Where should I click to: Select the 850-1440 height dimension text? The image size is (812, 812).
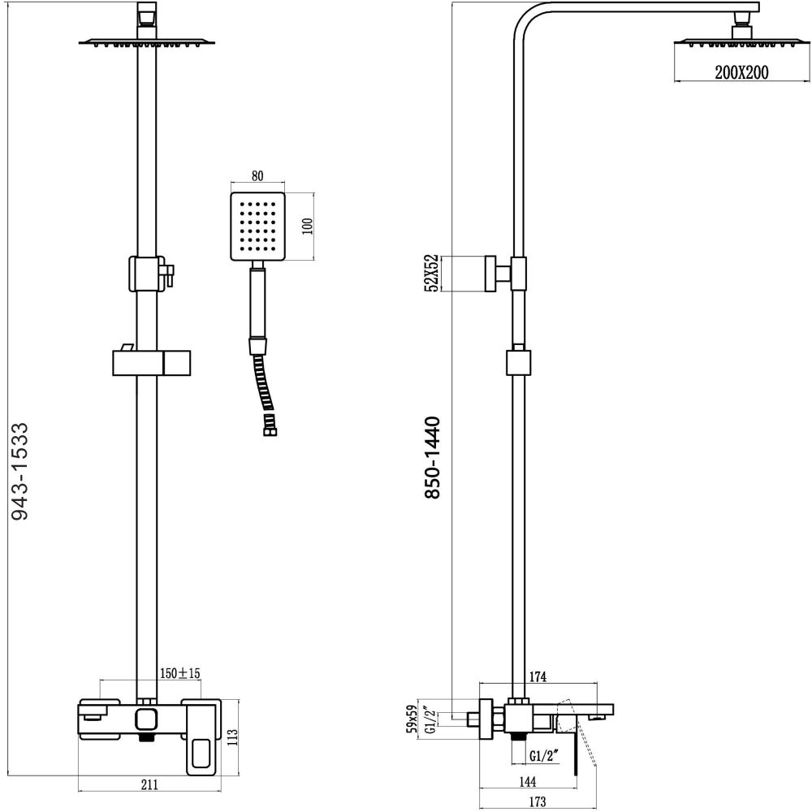coord(431,458)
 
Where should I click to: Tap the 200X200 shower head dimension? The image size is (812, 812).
coord(741,73)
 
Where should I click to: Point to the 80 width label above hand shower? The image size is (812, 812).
coord(257,176)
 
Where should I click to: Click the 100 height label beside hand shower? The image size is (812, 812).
coord(306,225)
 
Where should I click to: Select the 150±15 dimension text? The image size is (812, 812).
coord(179,673)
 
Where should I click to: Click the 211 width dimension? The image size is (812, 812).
coord(149,784)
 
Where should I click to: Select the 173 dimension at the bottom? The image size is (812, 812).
coord(535,802)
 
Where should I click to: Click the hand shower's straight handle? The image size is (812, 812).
coord(257,304)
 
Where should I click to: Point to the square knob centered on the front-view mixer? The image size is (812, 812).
coord(147,719)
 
